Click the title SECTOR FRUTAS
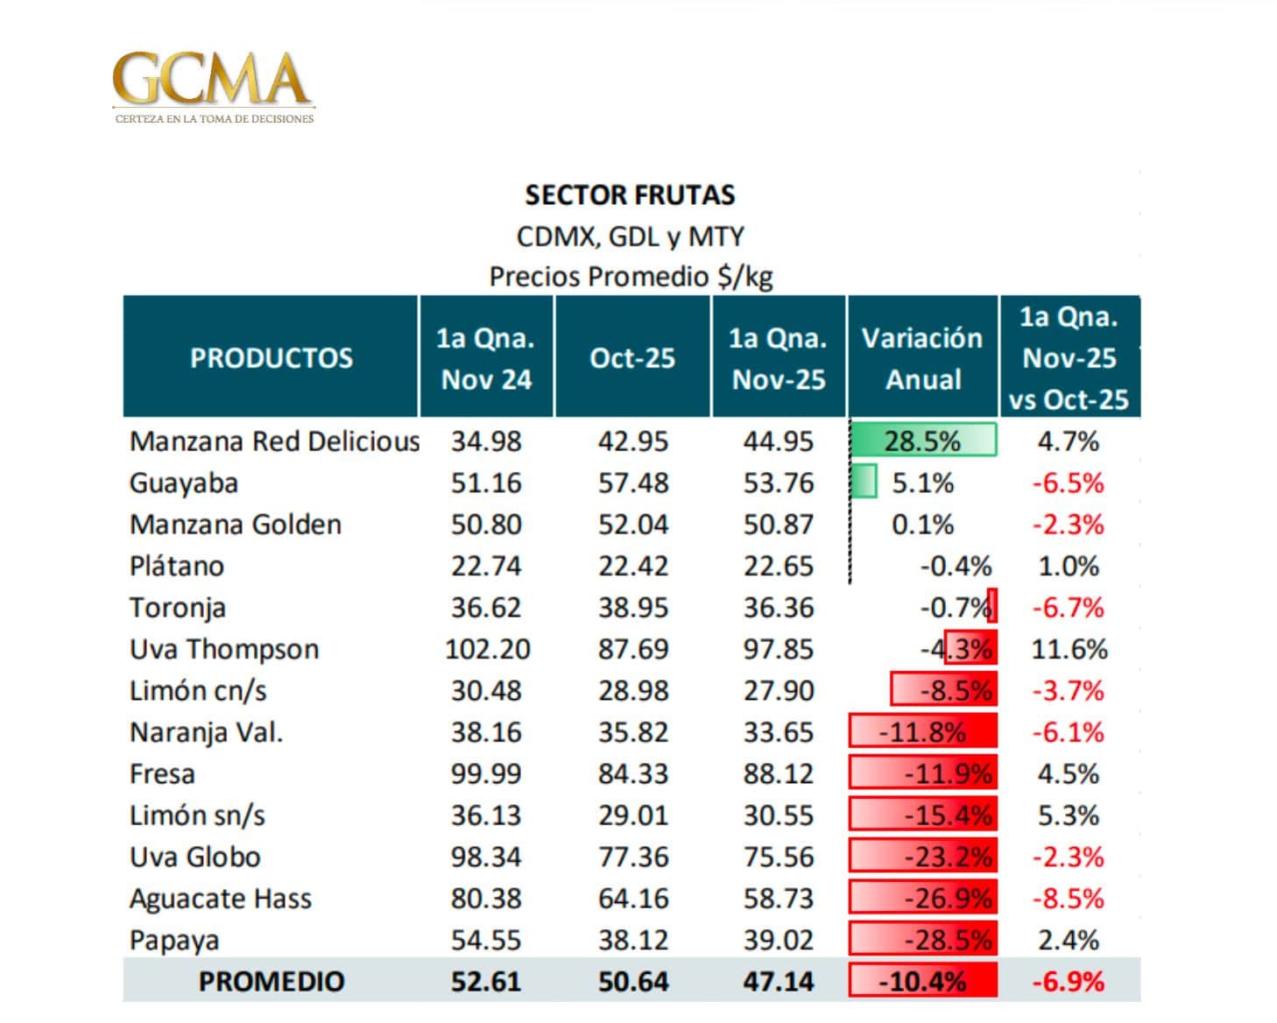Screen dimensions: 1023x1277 tap(630, 194)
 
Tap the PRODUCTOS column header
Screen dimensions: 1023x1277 tap(272, 357)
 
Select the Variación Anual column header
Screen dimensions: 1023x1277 tap(922, 357)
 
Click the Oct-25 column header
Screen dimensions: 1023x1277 tap(632, 357)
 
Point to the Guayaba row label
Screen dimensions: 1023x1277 tap(184, 483)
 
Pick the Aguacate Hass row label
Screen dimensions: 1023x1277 tap(221, 899)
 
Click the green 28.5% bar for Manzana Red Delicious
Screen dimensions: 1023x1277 tap(923, 440)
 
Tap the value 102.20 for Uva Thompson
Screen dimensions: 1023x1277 tap(487, 649)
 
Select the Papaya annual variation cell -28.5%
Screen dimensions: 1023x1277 tap(923, 940)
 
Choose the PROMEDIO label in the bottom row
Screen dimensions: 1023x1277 tap(272, 981)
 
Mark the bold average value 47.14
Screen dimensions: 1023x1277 tap(778, 981)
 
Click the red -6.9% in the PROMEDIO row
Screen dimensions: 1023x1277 tap(1069, 981)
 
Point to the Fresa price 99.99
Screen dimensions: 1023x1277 tap(486, 773)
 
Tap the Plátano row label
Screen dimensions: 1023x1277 tap(177, 566)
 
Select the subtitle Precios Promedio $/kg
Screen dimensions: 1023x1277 tap(631, 276)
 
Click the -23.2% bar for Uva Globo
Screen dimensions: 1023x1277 tap(923, 857)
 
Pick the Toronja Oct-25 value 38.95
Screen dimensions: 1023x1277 tap(632, 607)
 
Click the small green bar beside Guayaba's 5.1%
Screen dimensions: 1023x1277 tap(864, 482)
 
